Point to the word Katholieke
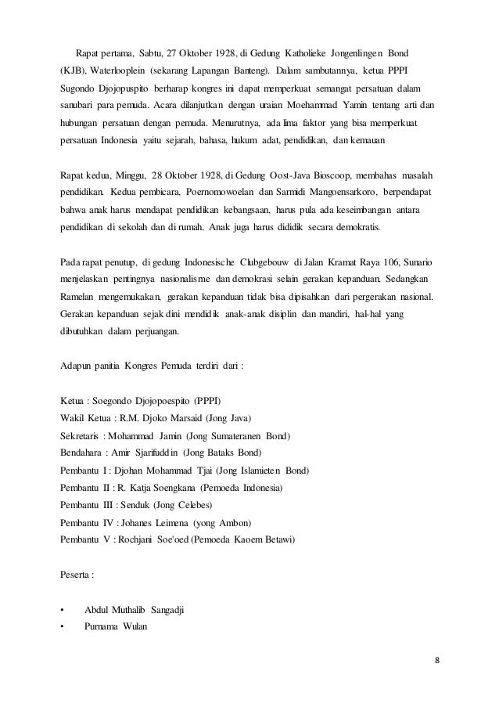tap(281, 53)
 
